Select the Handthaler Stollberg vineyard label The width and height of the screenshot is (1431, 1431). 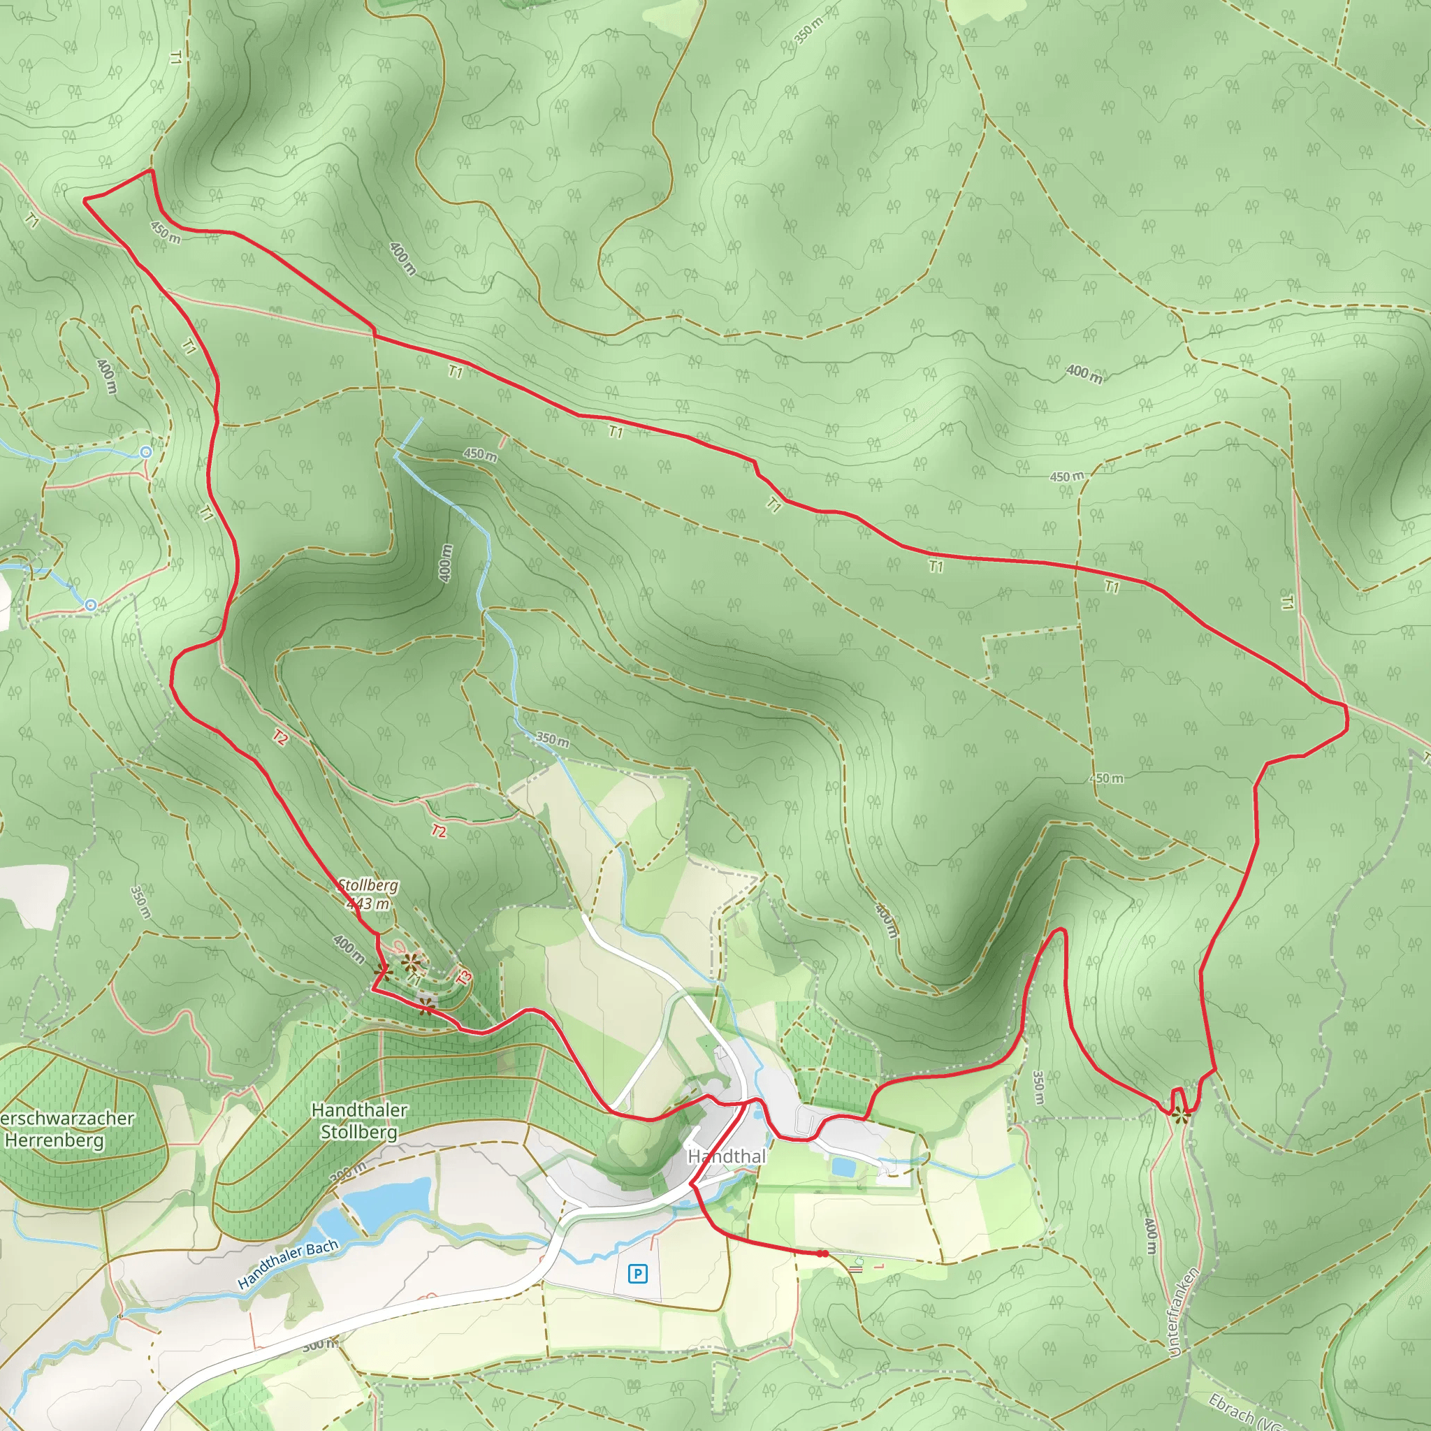coord(359,1121)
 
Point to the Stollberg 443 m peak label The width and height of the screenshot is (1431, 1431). coord(368,894)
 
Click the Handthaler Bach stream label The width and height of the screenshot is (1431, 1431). coord(288,1263)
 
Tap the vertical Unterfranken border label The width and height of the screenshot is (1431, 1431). coord(1183,1312)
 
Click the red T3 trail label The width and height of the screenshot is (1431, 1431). coord(465,978)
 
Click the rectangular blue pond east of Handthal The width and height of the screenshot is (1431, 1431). coord(842,1168)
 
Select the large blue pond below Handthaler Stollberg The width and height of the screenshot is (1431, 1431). coord(389,1200)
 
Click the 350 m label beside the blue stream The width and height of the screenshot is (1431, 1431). coord(553,739)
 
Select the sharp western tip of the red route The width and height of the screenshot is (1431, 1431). coord(85,199)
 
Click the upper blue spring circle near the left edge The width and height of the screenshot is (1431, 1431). coord(146,452)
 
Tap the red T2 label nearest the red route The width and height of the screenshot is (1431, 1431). coord(280,737)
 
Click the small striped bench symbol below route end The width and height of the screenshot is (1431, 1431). coord(856,1269)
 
